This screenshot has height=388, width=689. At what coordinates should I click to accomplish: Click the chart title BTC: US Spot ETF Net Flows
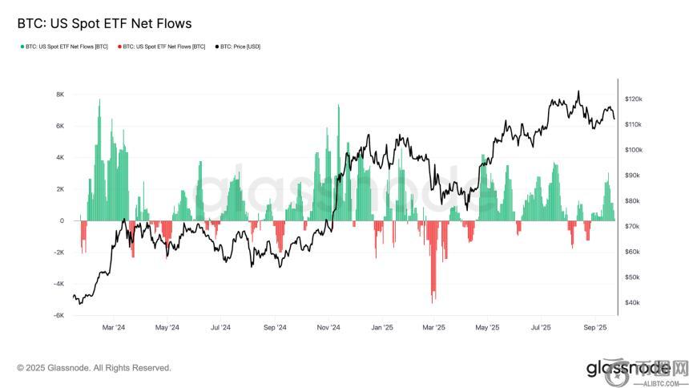coord(104,24)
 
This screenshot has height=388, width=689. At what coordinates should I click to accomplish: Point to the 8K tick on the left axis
coord(59,95)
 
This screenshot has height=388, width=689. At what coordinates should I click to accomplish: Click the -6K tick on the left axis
coord(58,316)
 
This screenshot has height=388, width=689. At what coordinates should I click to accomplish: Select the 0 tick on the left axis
coord(62,221)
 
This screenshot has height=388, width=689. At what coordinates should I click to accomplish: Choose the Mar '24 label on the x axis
coord(114,328)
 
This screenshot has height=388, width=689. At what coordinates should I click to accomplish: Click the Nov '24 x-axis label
coord(328,328)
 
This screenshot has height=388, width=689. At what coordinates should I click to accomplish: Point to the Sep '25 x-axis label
coord(594,328)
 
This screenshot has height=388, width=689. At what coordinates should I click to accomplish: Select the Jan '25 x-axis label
coord(382,328)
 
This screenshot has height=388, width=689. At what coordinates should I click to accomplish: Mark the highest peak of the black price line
coord(578,91)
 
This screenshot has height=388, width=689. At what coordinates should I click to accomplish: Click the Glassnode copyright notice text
coord(94,368)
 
